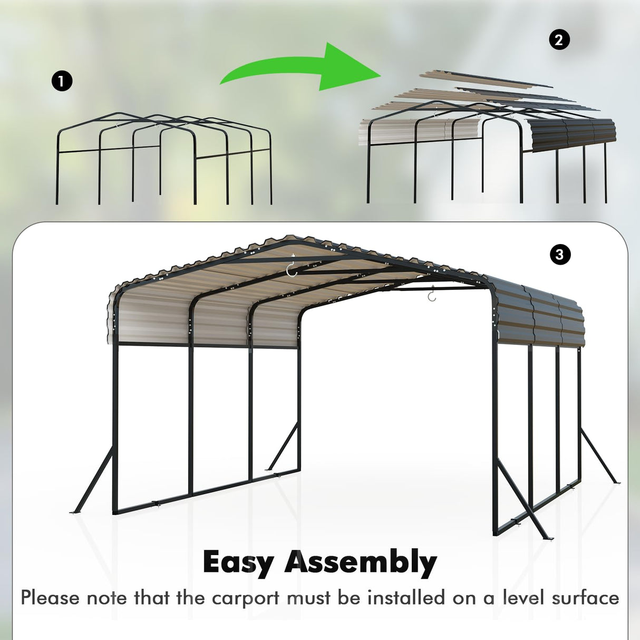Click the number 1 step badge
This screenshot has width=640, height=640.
tap(62, 82)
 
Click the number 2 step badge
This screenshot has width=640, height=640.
tap(559, 40)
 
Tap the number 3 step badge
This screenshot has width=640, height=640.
tap(560, 255)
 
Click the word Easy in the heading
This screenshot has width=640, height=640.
tap(237, 563)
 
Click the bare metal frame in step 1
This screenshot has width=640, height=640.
tap(163, 158)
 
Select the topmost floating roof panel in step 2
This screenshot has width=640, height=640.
tap(485, 79)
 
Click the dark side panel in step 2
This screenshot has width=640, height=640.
tap(572, 134)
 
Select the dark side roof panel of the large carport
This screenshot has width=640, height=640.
tap(543, 316)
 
